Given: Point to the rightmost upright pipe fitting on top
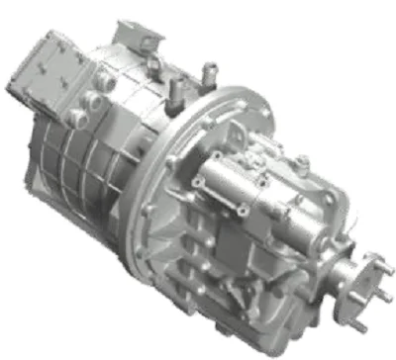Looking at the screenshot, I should pos(207,72).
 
